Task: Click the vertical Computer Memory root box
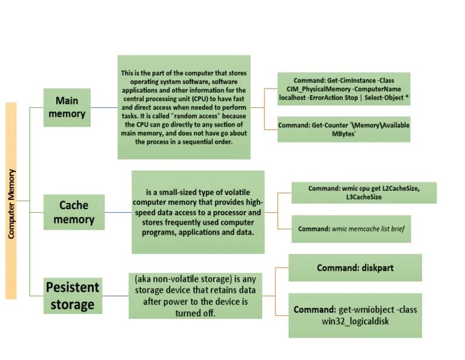pyautogui.click(x=11, y=201)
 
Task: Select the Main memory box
pyautogui.click(x=67, y=107)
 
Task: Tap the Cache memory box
pyautogui.click(x=73, y=212)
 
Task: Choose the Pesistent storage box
pyautogui.click(x=72, y=295)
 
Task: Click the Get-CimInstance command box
pyautogui.click(x=343, y=89)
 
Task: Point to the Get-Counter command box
pyautogui.click(x=343, y=129)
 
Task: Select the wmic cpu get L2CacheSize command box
pyautogui.click(x=363, y=192)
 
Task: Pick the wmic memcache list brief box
pyautogui.click(x=351, y=229)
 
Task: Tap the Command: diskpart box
pyautogui.click(x=355, y=267)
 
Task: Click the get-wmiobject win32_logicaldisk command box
pyautogui.click(x=355, y=315)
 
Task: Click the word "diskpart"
pyautogui.click(x=374, y=267)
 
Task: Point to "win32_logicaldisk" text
pyautogui.click(x=355, y=321)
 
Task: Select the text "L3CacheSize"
pyautogui.click(x=363, y=197)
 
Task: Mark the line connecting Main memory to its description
pyautogui.click(x=104, y=108)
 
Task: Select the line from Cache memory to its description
pyautogui.click(x=118, y=212)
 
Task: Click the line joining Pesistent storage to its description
pyautogui.click(x=115, y=296)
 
